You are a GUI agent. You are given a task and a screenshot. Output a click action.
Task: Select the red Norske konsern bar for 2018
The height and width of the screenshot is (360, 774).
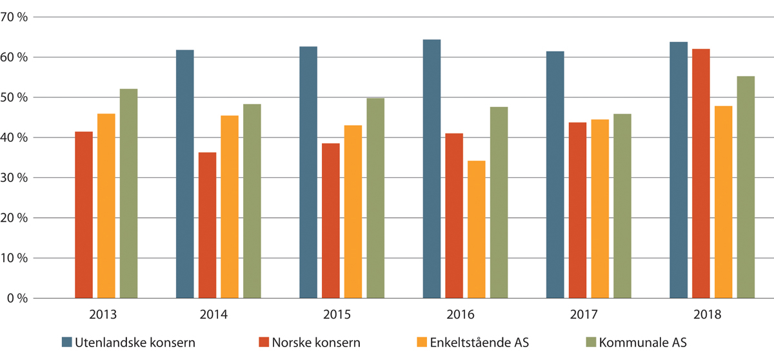point(701,174)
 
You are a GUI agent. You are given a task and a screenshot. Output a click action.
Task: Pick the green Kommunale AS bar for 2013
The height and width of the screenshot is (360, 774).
point(128,194)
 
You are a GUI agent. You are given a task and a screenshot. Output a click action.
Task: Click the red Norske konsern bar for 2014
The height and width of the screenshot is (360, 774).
point(207,225)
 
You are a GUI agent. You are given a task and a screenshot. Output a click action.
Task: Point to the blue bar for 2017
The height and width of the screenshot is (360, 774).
point(555,175)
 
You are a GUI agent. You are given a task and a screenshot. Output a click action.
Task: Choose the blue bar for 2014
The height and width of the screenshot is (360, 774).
point(184,174)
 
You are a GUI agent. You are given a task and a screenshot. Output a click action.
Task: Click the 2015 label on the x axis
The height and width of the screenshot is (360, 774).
point(337,315)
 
